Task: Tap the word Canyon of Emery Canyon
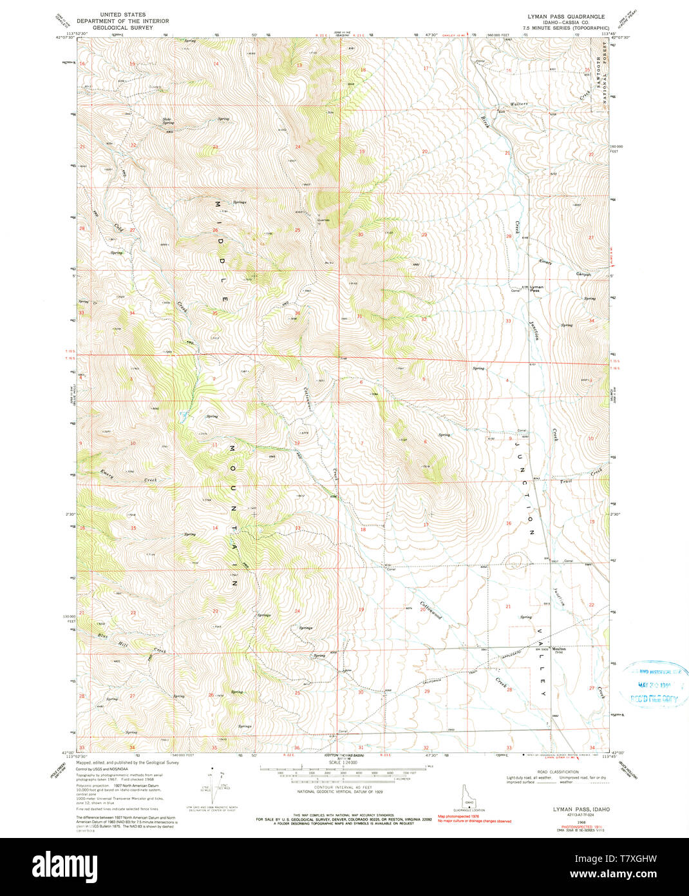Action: (583, 273)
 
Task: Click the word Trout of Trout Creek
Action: (565, 481)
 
